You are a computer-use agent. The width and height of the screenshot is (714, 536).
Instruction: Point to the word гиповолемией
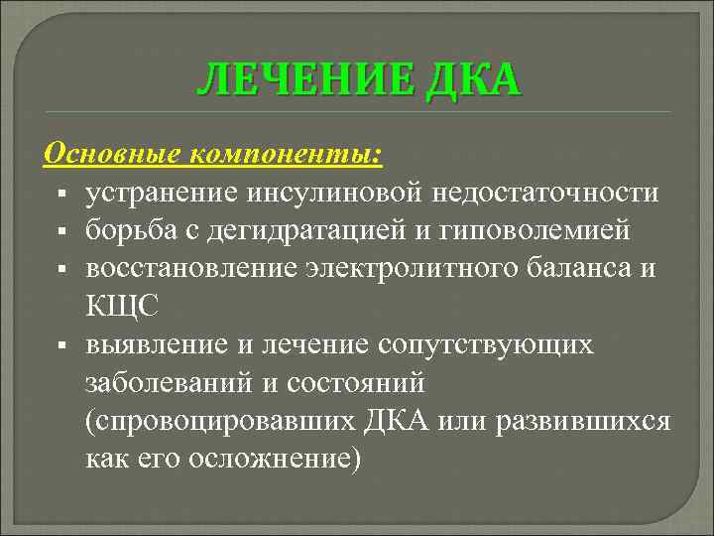click(x=532, y=230)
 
